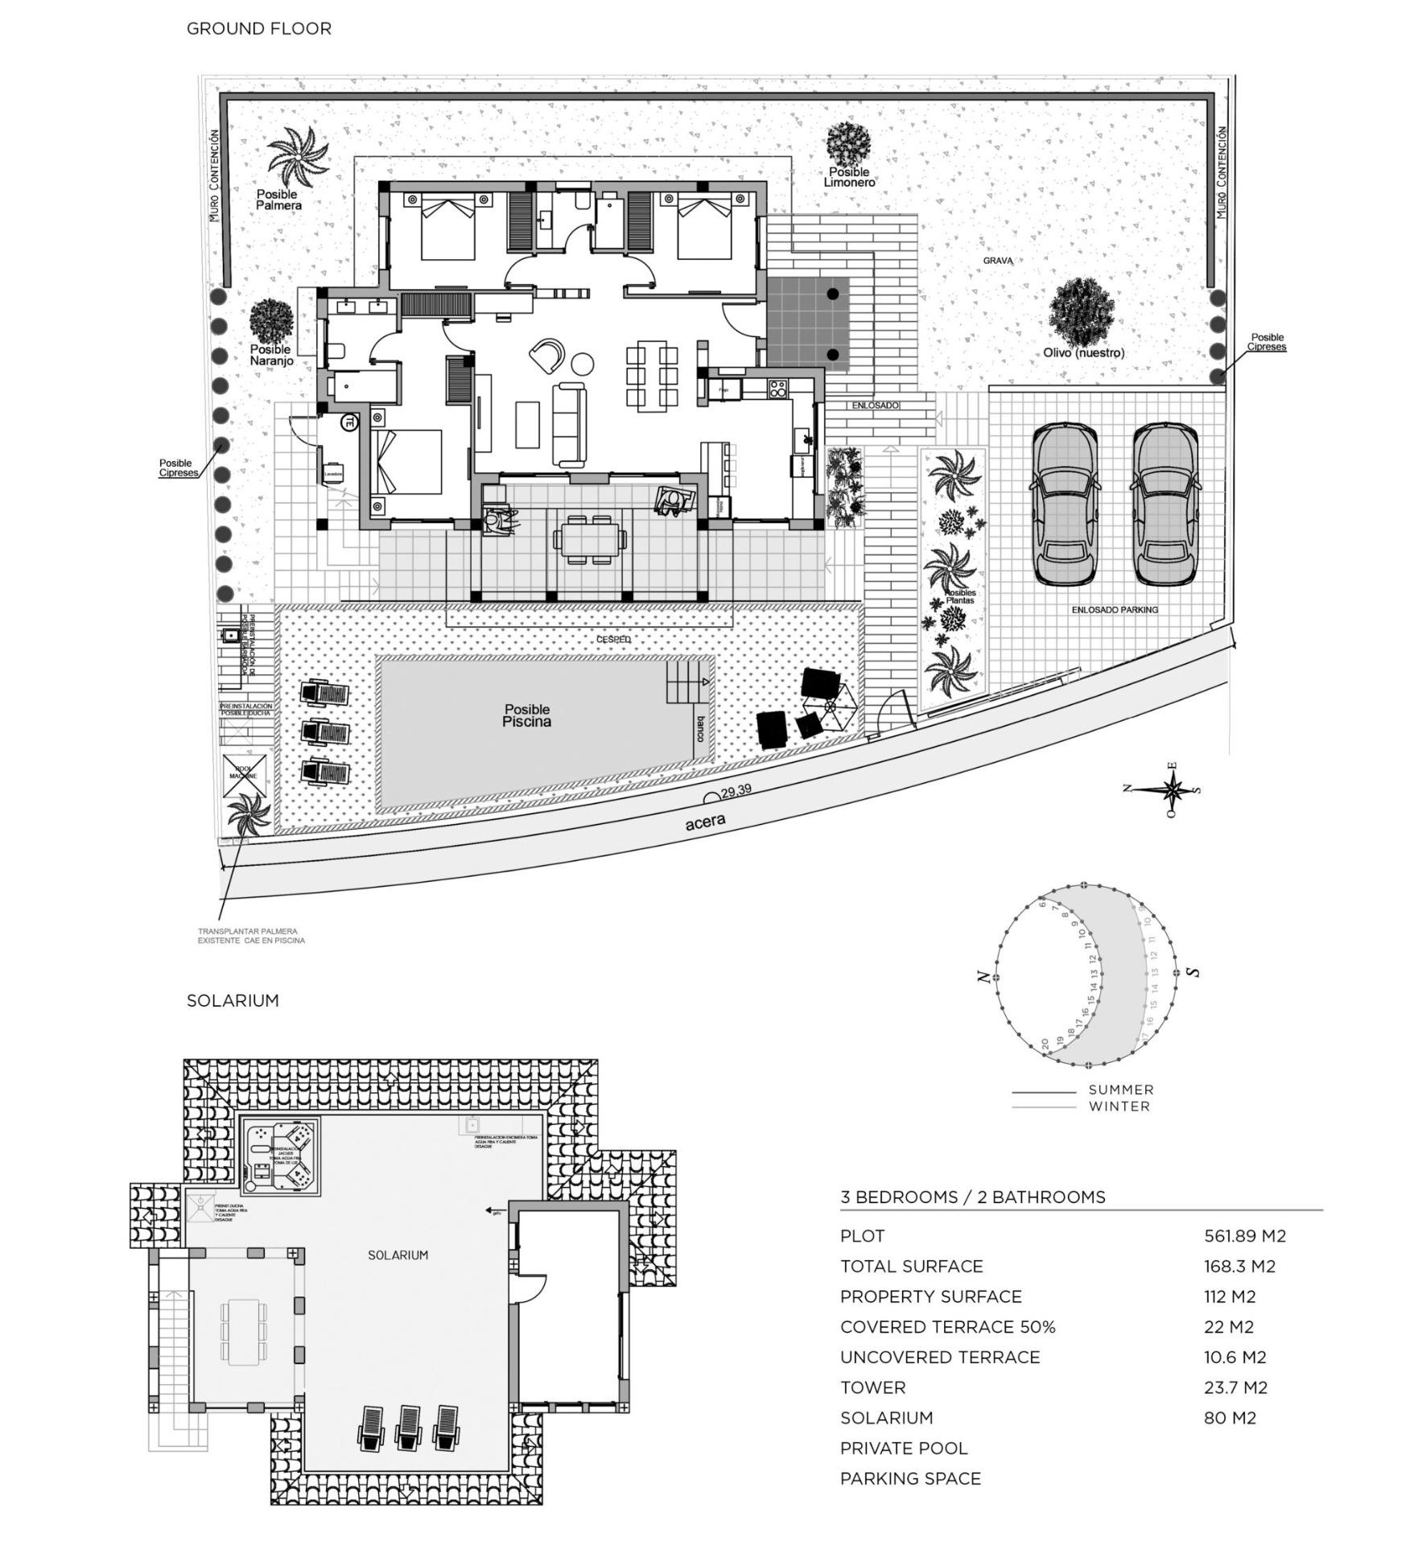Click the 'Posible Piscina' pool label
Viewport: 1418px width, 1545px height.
tap(526, 715)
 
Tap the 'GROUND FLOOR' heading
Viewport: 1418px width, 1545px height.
tap(258, 29)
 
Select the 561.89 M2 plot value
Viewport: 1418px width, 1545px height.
tap(1244, 1235)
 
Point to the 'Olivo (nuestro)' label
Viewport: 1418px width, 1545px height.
tap(1083, 352)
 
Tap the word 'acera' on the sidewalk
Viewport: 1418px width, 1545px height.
tap(705, 822)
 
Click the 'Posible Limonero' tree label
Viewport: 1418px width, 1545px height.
tap(849, 177)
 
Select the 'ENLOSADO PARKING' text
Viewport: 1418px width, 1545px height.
tap(1114, 610)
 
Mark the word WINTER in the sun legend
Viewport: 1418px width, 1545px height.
tap(1119, 1106)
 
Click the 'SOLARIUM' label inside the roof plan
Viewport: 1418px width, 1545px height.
tap(398, 1255)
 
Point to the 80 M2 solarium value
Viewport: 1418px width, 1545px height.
tap(1229, 1417)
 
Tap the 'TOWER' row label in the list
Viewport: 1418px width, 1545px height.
tap(872, 1387)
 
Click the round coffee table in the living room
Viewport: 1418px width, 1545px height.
tap(582, 365)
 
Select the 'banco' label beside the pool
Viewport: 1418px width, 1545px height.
tap(700, 728)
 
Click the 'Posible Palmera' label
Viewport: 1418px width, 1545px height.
tap(278, 200)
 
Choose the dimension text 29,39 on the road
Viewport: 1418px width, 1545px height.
tap(736, 790)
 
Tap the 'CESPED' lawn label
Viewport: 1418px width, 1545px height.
tap(613, 639)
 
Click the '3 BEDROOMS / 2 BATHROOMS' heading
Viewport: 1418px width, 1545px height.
tap(972, 1197)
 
